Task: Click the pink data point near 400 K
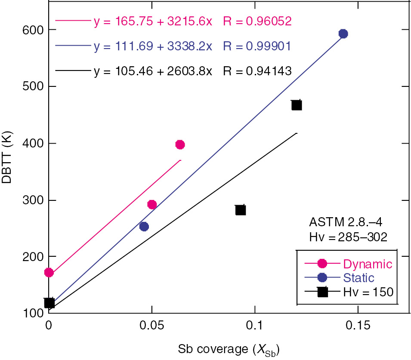180,145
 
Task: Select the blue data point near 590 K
343,34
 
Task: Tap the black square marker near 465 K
297,105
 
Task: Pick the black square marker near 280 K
241,210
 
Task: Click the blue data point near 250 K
144,227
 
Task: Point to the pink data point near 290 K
152,204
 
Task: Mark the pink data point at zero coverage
49,272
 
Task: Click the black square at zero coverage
49,303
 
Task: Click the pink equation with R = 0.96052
193,21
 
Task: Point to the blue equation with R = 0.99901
193,46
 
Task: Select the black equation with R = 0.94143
193,71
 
